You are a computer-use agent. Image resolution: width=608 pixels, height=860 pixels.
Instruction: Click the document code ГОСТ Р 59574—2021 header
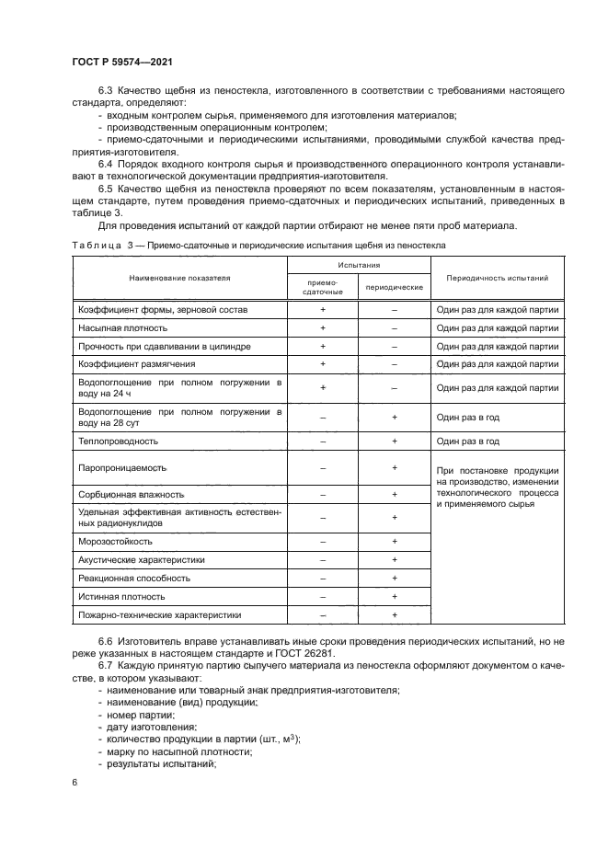pyautogui.click(x=122, y=61)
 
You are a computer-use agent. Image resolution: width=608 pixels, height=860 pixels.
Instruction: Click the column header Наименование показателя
pyautogui.click(x=179, y=276)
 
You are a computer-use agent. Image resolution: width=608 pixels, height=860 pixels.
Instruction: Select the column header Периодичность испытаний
pyautogui.click(x=497, y=276)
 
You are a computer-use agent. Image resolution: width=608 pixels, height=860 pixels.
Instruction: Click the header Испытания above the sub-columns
pyautogui.click(x=359, y=263)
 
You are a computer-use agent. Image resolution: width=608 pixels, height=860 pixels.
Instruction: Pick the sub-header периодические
pyautogui.click(x=394, y=287)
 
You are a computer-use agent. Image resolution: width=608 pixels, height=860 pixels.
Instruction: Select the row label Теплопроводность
pyautogui.click(x=120, y=441)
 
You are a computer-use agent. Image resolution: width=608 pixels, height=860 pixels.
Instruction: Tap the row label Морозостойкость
pyautogui.click(x=116, y=541)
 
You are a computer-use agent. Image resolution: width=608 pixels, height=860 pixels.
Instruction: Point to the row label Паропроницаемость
pyautogui.click(x=123, y=468)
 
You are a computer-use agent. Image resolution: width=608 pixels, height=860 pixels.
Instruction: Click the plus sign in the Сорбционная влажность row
pyautogui.click(x=394, y=494)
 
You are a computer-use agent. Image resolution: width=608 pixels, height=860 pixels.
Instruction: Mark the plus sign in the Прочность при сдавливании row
pyautogui.click(x=323, y=346)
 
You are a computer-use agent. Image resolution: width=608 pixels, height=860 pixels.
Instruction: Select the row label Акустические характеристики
pyautogui.click(x=142, y=559)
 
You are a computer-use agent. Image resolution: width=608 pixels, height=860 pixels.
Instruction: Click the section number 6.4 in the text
pyautogui.click(x=107, y=164)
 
